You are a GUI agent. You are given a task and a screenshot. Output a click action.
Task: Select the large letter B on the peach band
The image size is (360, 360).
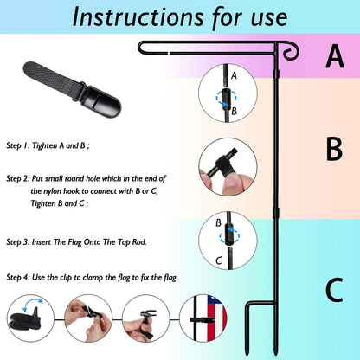coord(334,149)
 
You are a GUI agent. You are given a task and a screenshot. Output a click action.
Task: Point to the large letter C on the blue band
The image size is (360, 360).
coord(334,289)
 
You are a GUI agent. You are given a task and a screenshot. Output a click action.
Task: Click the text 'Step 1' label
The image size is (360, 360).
coord(17,145)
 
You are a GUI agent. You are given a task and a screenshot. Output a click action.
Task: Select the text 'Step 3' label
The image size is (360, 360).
coord(17,242)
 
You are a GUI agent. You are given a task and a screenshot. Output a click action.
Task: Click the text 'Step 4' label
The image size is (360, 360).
coord(17,278)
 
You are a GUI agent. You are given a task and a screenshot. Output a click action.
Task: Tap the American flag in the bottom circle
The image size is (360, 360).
coord(216,318)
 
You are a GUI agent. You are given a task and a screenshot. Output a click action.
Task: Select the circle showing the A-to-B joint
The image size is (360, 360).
coord(228,93)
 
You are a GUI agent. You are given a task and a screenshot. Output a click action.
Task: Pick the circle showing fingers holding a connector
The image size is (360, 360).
coord(228,167)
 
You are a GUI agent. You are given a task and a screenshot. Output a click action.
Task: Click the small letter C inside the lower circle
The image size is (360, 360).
coord(219,260)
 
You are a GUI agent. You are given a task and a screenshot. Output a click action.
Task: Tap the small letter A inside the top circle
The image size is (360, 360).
coord(234,75)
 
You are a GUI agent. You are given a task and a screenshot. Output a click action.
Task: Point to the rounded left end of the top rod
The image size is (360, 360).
coord(140,48)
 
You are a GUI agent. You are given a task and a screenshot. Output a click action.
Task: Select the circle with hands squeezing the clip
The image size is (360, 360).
coord(88,318)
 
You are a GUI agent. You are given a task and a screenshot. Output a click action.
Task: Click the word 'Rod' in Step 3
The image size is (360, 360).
coord(139,242)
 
